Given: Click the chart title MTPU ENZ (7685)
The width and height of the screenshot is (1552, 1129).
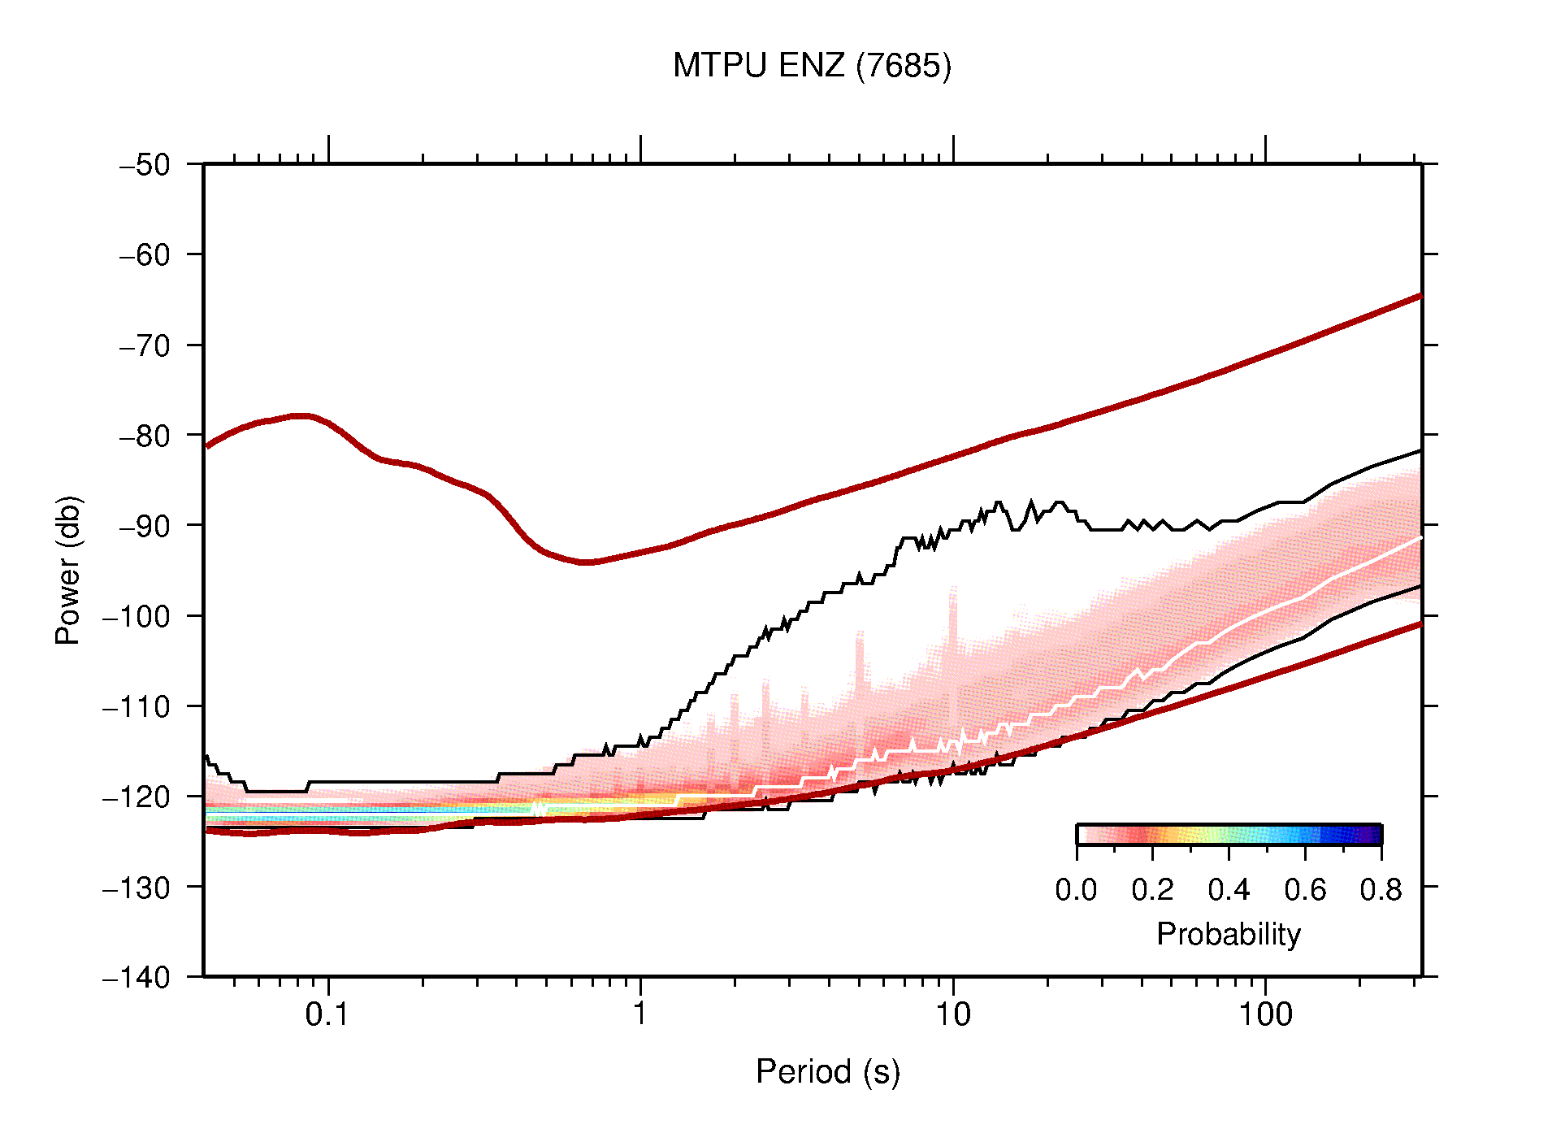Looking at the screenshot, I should [x=811, y=66].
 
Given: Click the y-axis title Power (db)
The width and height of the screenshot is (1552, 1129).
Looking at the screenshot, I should [x=68, y=570].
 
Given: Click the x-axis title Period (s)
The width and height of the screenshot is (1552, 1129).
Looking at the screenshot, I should [x=827, y=1072].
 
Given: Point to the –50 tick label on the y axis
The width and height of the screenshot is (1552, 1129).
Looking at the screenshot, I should [x=145, y=165].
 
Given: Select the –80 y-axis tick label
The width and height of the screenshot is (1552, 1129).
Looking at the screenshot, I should [x=145, y=436].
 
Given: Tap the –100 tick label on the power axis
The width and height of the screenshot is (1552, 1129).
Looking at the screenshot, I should [x=137, y=616].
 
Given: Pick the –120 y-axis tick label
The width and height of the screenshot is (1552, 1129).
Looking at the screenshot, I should [x=137, y=797].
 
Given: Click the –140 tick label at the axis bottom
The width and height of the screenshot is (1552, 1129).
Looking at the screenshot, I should [x=137, y=977].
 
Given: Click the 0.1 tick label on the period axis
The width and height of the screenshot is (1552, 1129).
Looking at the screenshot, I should [x=327, y=1014].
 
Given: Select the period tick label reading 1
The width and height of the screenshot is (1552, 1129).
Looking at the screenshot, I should [x=640, y=1014].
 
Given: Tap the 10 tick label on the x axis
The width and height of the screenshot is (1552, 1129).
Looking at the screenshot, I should [x=952, y=1014].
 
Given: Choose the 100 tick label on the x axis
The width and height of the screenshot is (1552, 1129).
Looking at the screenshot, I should [x=1264, y=1014].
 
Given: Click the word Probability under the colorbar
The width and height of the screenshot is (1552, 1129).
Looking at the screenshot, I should [x=1228, y=935].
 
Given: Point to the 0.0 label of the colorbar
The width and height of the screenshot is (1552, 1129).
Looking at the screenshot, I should [x=1076, y=890].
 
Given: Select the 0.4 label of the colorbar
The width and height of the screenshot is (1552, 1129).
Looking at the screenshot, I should [x=1229, y=890].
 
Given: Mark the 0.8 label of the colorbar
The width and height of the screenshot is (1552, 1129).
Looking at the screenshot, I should [x=1381, y=890].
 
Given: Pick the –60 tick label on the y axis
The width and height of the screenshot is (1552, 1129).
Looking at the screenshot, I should [x=145, y=255].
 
